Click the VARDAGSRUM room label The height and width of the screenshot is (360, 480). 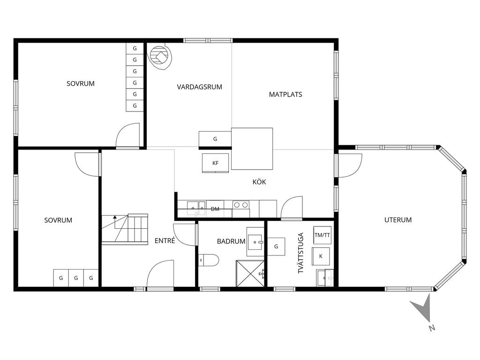coord(199,87)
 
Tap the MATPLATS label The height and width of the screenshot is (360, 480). coord(285,95)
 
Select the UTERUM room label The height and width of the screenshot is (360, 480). coord(397,220)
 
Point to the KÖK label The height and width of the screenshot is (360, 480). coord(259,181)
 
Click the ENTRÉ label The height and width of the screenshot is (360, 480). coord(165,240)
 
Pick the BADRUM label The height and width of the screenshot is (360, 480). coord(231,241)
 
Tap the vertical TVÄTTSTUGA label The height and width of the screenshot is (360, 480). coord(300,253)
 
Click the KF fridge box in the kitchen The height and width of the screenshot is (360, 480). coord(215,163)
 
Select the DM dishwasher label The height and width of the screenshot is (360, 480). coord(215,209)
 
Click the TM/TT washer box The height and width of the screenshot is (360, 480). coord(322,235)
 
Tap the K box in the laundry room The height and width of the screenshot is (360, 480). coord(321,256)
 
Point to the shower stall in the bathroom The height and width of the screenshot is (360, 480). coord(250,273)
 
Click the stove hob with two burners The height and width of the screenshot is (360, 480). coord(240,205)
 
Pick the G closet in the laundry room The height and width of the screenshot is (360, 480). coord(276,247)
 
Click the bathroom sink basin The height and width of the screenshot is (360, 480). coord(255,242)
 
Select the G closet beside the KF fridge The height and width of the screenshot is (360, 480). coord(215,139)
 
